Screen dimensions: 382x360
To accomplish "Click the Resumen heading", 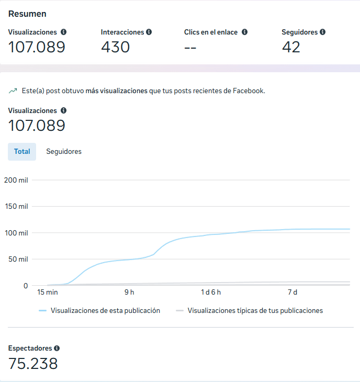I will tap(27, 14).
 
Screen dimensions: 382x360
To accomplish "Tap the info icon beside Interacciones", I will tap(149, 32).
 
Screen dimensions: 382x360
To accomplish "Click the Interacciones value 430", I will tap(115, 47).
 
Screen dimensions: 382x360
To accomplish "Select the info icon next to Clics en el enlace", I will tap(244, 32).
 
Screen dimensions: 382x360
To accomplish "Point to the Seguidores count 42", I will tap(291, 47).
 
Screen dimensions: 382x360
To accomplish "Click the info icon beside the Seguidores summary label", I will tap(322, 32).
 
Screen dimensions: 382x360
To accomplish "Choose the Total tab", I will tap(22, 152).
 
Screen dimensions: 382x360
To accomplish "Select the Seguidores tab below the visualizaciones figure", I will tap(64, 152).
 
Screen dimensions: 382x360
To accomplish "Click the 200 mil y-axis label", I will tap(16, 180).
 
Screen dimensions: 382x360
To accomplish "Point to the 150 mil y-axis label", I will tap(16, 206).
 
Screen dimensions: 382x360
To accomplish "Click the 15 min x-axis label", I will tap(47, 292).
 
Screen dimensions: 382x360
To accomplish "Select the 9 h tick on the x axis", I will tap(129, 292).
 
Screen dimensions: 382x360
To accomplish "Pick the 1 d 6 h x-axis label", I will tap(211, 292).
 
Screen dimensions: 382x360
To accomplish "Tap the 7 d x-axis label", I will tap(292, 292).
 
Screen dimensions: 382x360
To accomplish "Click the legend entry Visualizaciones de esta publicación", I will tap(105, 310).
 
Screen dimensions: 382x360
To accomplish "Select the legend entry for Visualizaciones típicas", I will tap(255, 310).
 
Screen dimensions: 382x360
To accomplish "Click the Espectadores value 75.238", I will tap(33, 364).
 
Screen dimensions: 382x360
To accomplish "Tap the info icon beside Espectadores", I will tap(57, 348).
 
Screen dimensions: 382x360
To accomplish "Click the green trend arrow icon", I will tap(13, 91).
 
